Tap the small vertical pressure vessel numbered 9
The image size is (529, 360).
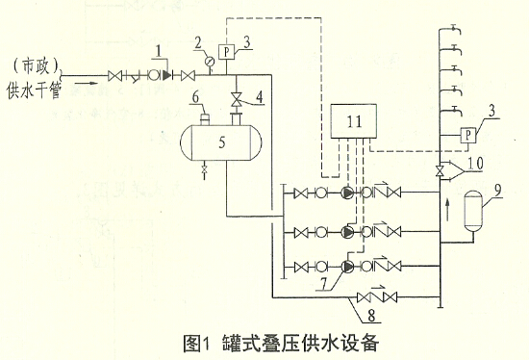(472, 212)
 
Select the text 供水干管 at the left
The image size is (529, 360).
(36, 91)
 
